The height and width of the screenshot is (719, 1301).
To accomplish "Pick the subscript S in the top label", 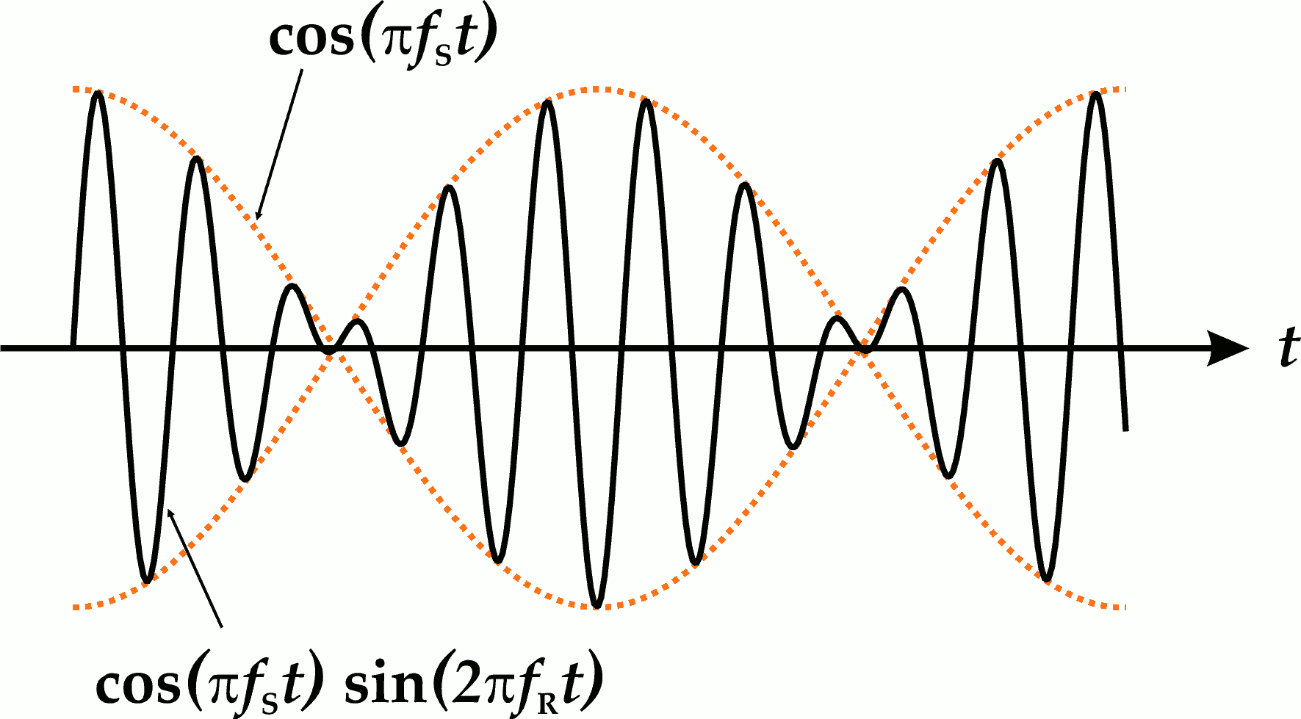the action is tap(443, 58).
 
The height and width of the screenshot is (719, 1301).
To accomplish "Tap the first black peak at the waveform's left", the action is tap(98, 93).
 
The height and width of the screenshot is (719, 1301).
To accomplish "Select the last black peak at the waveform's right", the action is tap(1096, 94).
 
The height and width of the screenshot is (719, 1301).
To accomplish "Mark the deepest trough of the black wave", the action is tap(597, 605).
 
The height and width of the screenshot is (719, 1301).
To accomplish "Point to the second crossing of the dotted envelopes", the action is tap(865, 350).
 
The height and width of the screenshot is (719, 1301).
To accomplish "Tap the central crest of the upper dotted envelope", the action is tap(597, 89).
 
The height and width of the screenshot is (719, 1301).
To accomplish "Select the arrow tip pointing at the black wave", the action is tap(170, 510).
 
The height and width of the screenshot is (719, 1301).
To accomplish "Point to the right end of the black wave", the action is tap(1125, 429).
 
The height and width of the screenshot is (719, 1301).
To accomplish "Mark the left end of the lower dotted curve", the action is tap(75, 607).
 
